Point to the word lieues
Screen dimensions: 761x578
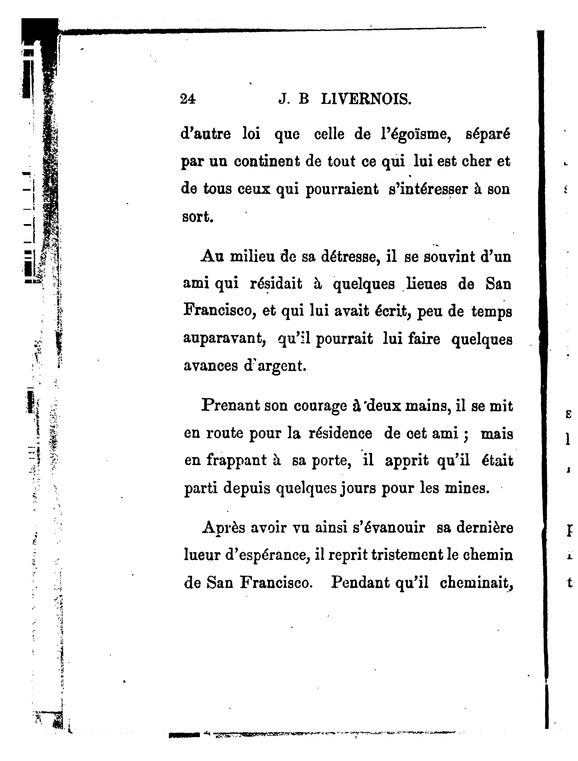(x=427, y=284)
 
